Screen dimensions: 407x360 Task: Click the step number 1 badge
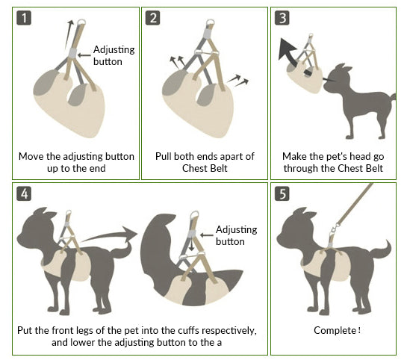coord(24,18)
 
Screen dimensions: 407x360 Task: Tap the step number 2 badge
coord(152,18)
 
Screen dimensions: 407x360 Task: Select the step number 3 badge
coord(282,18)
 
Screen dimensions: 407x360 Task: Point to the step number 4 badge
coord(24,193)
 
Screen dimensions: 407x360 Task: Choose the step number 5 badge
coord(282,193)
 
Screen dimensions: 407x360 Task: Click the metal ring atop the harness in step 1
coord(81,22)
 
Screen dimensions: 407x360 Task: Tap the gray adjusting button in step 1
coord(73,53)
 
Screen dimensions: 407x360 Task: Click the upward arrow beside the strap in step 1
coord(69,34)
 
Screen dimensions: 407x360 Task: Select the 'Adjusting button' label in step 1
coord(114,55)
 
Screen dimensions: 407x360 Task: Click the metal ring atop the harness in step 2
coord(211,22)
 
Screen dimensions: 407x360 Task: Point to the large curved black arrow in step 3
coord(292,56)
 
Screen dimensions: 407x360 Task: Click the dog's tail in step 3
coord(393,97)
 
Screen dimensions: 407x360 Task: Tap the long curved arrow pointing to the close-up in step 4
coord(109,235)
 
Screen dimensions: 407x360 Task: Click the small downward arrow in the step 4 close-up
coord(192,244)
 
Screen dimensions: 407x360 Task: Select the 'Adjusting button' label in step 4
coord(236,235)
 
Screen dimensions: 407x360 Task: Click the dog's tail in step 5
coord(382,249)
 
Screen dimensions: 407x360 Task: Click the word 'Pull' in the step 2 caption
coord(164,157)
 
